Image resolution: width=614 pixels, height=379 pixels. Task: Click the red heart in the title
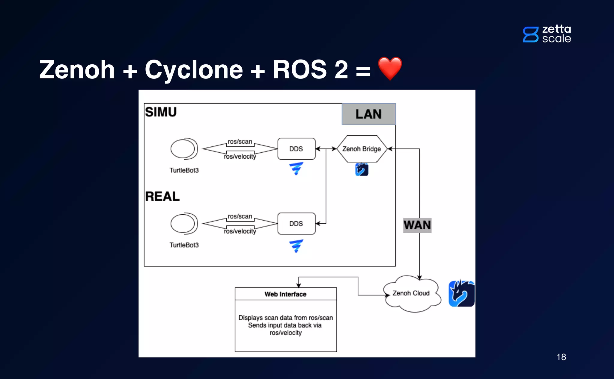coord(390,68)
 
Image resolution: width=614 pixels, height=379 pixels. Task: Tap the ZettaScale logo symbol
coord(530,34)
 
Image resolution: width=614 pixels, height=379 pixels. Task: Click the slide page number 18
coord(561,357)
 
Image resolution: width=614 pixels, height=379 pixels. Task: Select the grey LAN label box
coord(368,114)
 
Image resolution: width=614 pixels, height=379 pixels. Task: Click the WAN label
coord(417,225)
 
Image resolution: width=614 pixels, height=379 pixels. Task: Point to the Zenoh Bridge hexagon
coord(362,149)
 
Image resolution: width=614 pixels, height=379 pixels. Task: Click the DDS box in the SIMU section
coord(296,149)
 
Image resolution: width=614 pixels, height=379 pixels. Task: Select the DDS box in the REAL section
coord(296,224)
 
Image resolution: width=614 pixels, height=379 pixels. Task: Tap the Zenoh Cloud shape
coord(411,293)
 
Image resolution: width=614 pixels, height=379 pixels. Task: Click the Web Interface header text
coord(285,294)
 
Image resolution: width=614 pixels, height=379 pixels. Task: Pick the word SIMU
coord(161,112)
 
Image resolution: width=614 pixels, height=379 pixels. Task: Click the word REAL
coord(162,196)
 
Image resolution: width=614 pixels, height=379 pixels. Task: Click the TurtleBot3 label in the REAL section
coord(184,245)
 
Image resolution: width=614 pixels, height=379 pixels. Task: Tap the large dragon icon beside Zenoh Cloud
coord(461,294)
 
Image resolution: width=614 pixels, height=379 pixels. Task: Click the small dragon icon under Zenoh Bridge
coord(362,169)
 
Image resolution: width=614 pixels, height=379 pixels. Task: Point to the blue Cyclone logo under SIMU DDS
coord(296,169)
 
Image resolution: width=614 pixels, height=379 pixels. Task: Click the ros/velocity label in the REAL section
coord(240,231)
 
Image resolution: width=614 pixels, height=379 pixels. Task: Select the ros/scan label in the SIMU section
coord(240,141)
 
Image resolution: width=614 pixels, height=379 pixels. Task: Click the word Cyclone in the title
coord(194,70)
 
